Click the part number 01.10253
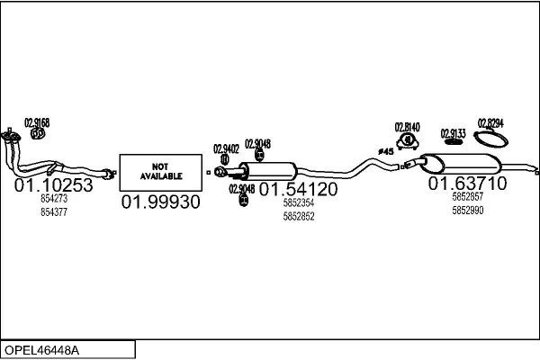pyautogui.click(x=54, y=184)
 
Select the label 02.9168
pyautogui.click(x=37, y=122)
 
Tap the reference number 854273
pyautogui.click(x=54, y=199)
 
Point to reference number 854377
pyautogui.click(x=54, y=212)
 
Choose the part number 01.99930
pyautogui.click(x=160, y=202)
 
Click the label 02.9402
pyautogui.click(x=226, y=148)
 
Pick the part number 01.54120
pyautogui.click(x=298, y=189)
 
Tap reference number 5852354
pyautogui.click(x=298, y=203)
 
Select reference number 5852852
pyautogui.click(x=298, y=216)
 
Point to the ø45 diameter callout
pyautogui.click(x=385, y=151)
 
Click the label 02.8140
pyautogui.click(x=408, y=127)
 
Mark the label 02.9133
pyautogui.click(x=453, y=133)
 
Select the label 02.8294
pyautogui.click(x=490, y=123)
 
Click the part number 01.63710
pyautogui.click(x=467, y=184)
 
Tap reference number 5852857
pyautogui.click(x=467, y=196)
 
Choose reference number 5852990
pyautogui.click(x=467, y=210)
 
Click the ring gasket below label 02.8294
pyautogui.click(x=490, y=138)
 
